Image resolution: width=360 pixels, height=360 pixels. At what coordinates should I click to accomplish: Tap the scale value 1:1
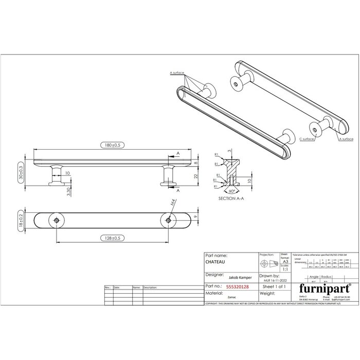[x=285, y=269]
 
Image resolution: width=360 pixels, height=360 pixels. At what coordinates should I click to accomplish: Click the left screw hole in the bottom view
[x=56, y=220]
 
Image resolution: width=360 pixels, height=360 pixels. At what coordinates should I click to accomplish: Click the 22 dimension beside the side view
[x=196, y=175]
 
